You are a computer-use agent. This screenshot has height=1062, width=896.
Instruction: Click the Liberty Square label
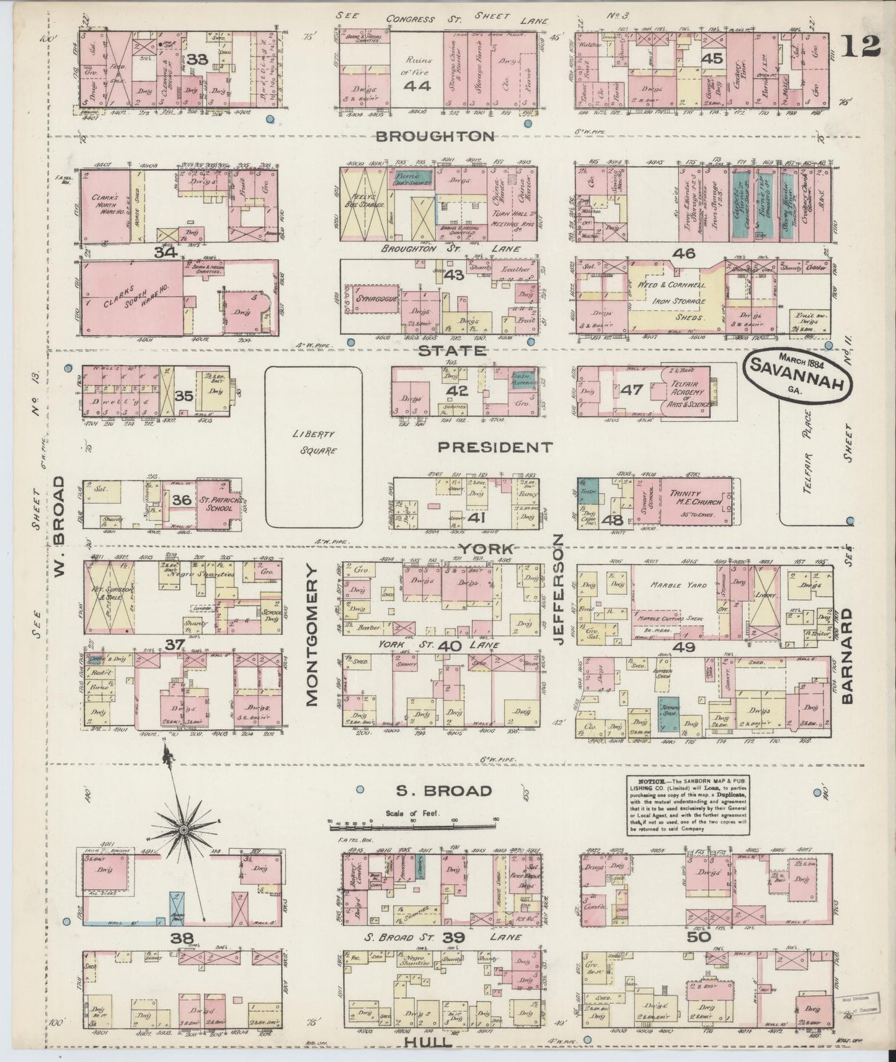(314, 443)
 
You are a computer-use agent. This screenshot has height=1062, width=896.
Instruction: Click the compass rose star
(184, 829)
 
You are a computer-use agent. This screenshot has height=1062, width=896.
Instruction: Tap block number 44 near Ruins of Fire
(417, 86)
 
